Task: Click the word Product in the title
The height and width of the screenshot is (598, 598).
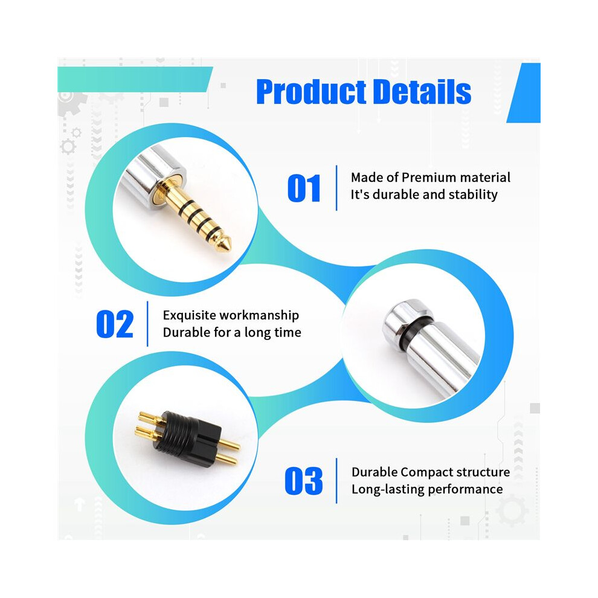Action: [312, 92]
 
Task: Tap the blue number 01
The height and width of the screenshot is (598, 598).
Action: [304, 188]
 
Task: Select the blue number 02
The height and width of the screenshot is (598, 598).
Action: [115, 324]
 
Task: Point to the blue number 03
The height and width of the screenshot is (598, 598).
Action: [304, 481]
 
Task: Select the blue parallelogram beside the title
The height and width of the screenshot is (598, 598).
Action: [524, 92]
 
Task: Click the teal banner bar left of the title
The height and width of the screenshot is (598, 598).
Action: [134, 79]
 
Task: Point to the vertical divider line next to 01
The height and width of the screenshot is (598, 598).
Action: [336, 188]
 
